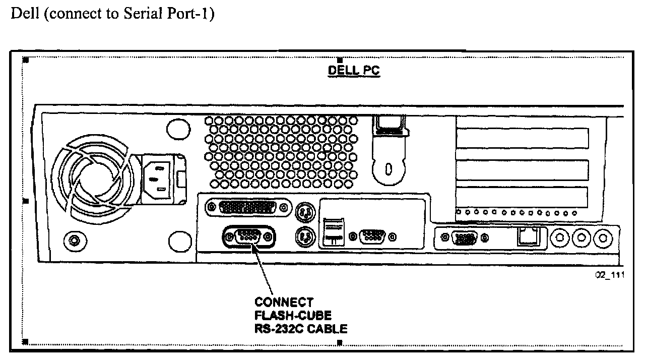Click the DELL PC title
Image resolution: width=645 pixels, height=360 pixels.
[x=354, y=71]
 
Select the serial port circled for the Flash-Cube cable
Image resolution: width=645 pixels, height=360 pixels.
[x=249, y=236]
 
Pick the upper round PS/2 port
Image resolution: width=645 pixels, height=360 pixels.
[x=304, y=212]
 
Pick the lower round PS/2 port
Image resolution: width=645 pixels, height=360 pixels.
[x=304, y=235]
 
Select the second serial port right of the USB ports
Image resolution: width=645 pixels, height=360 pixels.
[x=373, y=235]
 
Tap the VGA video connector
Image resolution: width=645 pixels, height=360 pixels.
[x=463, y=237]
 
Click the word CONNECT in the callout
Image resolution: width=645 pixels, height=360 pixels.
[x=284, y=303]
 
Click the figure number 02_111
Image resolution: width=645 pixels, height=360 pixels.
[x=606, y=276]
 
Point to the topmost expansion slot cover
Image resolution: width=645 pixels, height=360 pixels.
[x=522, y=138]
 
